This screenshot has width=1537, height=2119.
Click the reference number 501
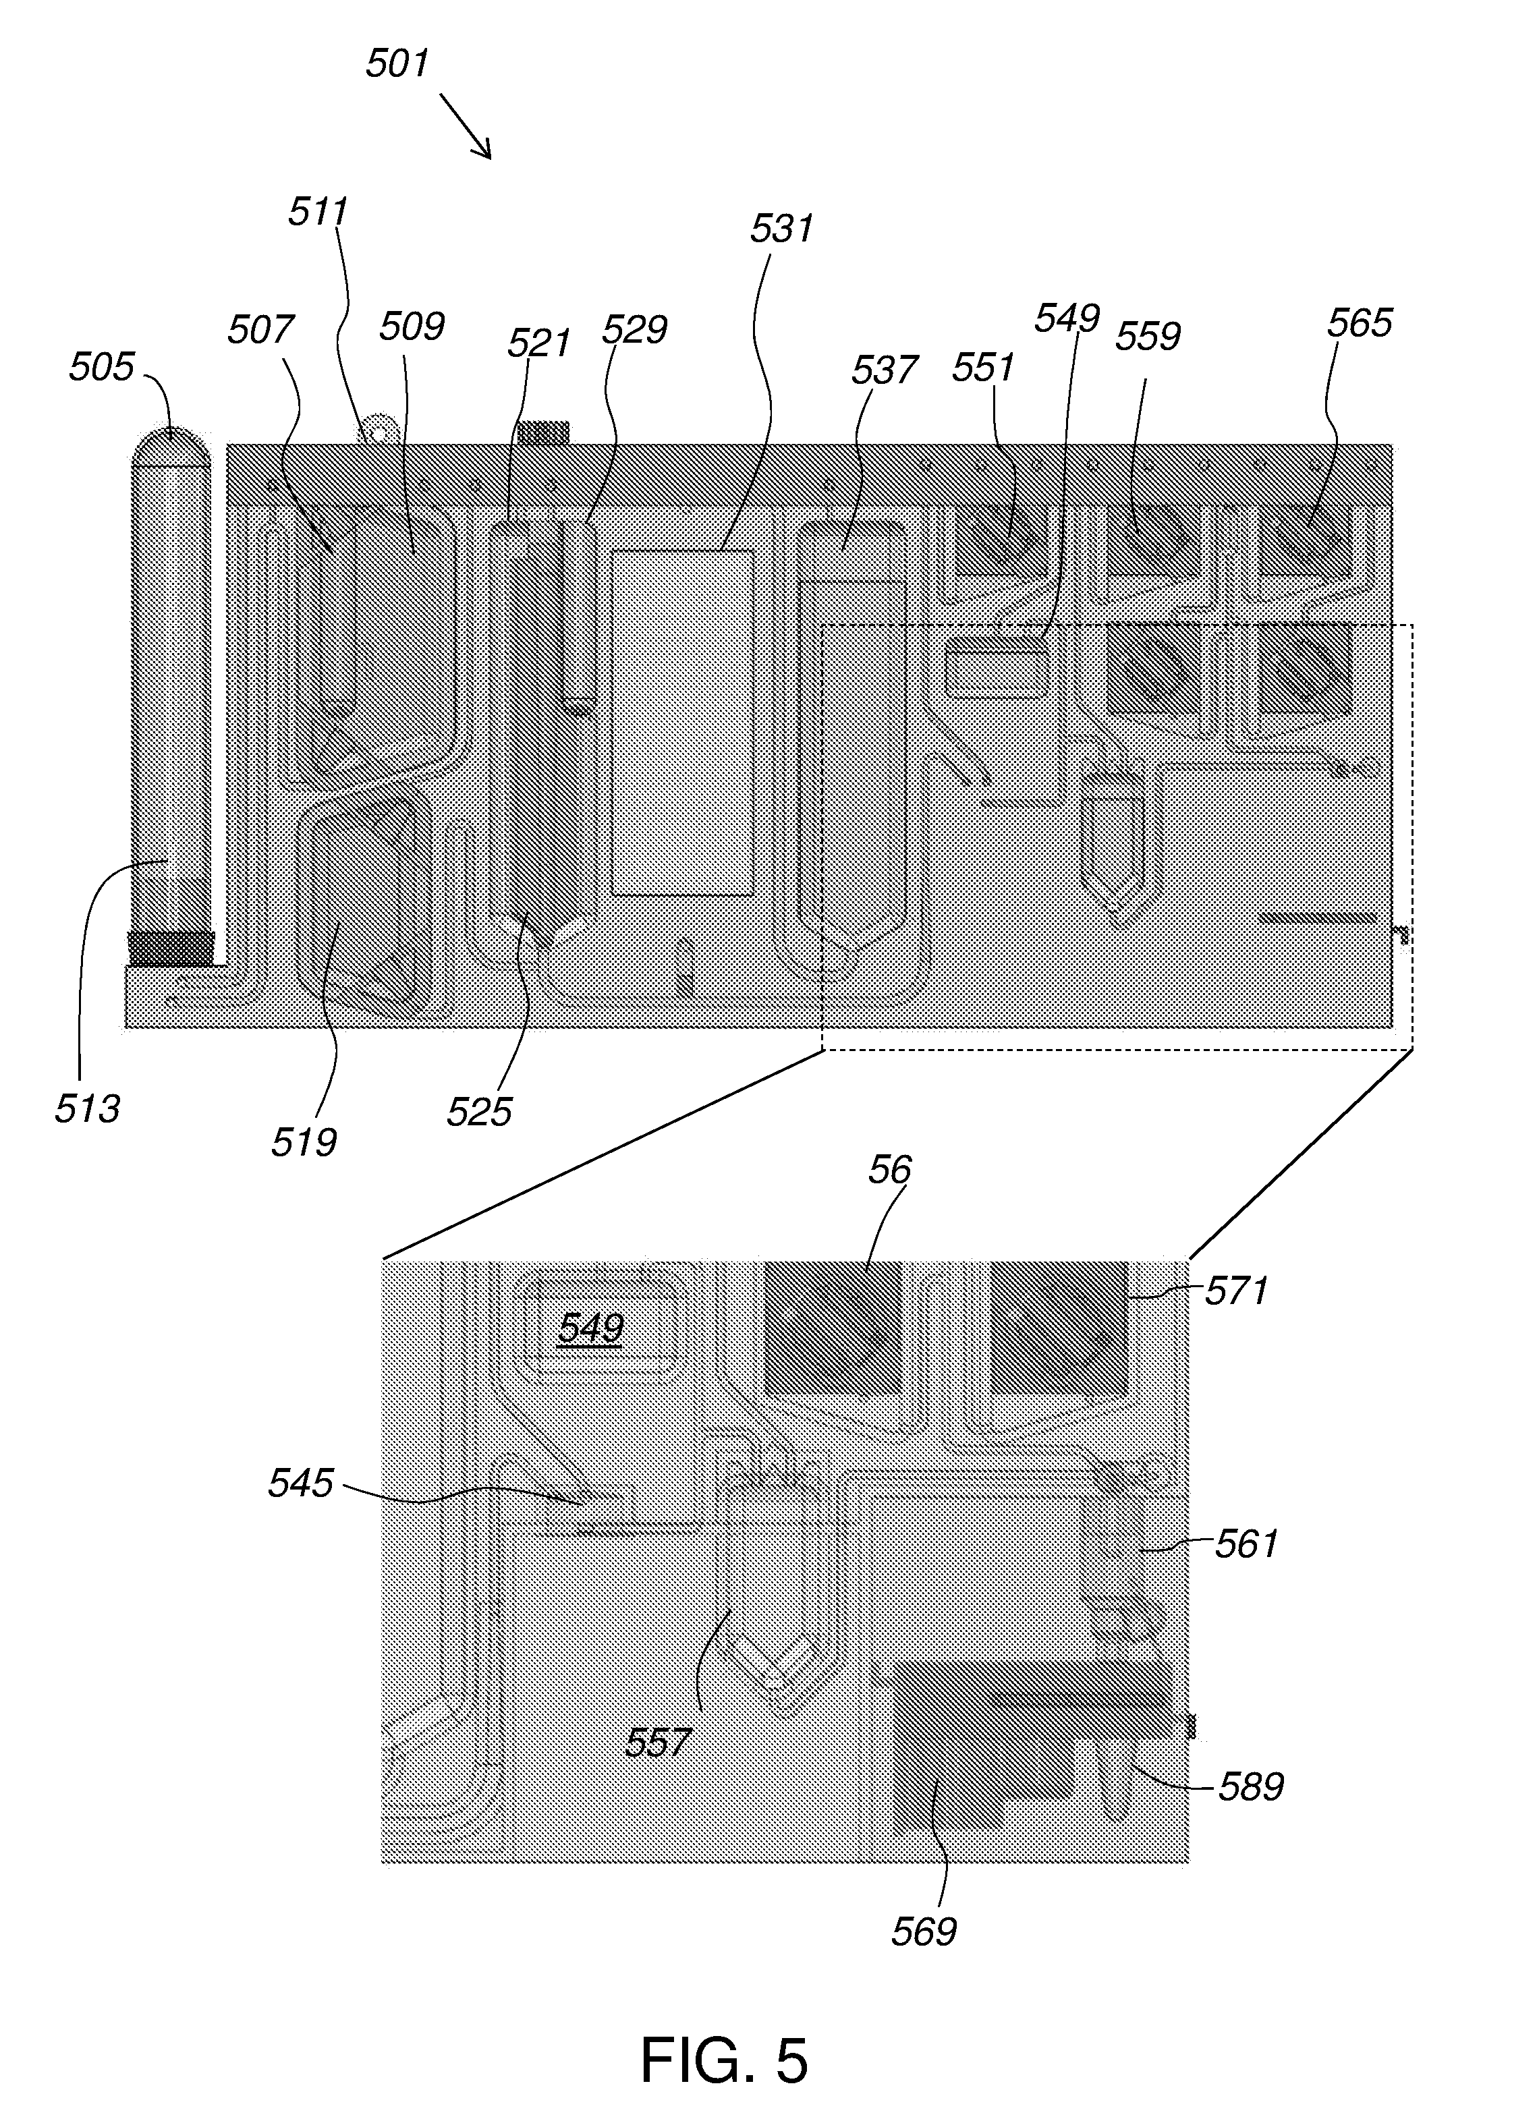pyautogui.click(x=397, y=63)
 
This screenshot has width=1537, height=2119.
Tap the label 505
pyautogui.click(x=101, y=367)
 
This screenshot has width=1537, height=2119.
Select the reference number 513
pyautogui.click(x=87, y=1108)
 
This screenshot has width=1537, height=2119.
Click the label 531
pyautogui.click(x=782, y=228)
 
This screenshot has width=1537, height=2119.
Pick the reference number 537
pyautogui.click(x=884, y=370)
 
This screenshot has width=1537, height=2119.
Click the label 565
pyautogui.click(x=1360, y=322)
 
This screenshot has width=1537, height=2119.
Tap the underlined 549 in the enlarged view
pyautogui.click(x=590, y=1328)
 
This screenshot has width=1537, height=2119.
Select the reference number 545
pyautogui.click(x=300, y=1483)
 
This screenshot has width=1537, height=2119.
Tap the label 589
pyautogui.click(x=1251, y=1786)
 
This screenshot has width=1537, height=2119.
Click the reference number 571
pyautogui.click(x=1236, y=1291)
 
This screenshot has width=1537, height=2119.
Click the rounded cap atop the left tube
pyautogui.click(x=170, y=446)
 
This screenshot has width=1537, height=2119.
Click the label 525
pyautogui.click(x=479, y=1112)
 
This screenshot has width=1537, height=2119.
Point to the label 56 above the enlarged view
pyautogui.click(x=889, y=1169)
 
